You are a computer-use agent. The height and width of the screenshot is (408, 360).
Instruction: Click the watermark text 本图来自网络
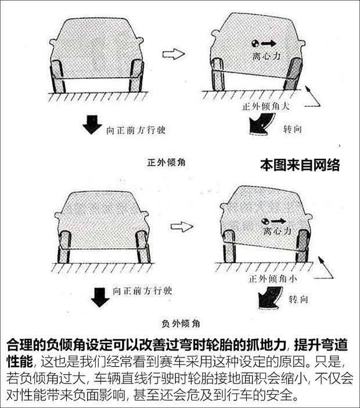299,165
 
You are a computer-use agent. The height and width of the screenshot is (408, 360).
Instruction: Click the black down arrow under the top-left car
92,125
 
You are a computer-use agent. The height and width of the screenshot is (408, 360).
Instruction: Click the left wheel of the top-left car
59,76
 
